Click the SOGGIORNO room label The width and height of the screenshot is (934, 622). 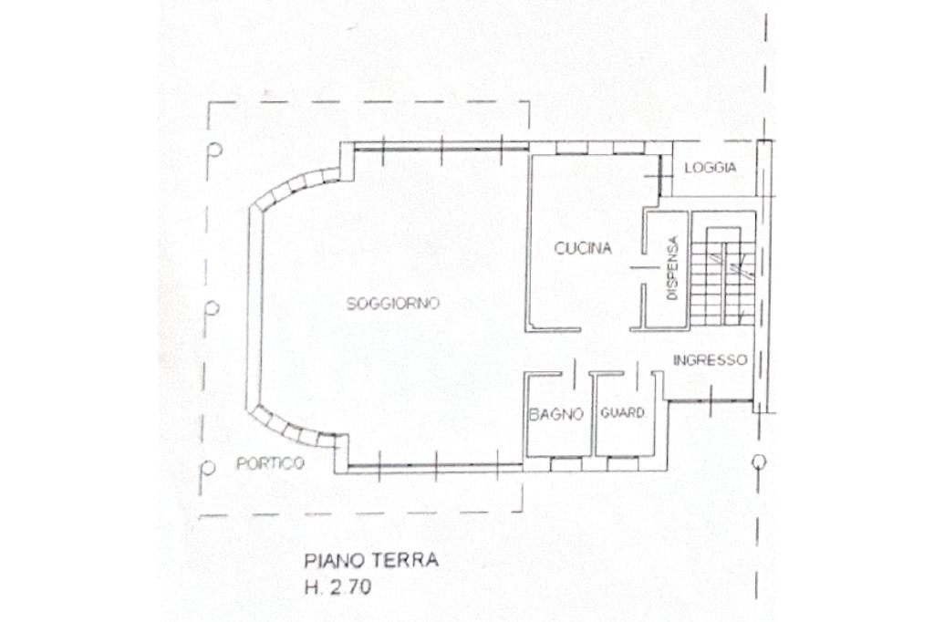point(392,304)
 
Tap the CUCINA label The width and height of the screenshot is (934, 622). point(583,248)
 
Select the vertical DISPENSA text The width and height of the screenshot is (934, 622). point(672,268)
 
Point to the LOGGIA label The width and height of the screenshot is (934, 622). point(710,168)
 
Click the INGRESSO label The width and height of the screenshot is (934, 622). point(710,360)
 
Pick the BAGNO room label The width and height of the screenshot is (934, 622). point(555,414)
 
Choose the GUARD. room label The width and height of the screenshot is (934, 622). point(622,412)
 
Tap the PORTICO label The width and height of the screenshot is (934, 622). point(270,463)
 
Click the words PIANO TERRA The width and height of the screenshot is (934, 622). point(371,560)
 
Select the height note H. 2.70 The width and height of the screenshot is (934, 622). point(337,587)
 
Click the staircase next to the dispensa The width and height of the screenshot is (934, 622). point(722,275)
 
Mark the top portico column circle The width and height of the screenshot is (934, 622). point(215,149)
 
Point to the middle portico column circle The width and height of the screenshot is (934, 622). point(212,308)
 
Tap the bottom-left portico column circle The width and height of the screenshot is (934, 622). point(208,468)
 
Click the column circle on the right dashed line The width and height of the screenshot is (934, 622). point(758,461)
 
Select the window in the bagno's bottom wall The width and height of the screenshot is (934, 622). point(566,464)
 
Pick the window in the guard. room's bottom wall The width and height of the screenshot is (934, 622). point(622,464)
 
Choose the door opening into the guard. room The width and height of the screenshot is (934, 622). point(638,374)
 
